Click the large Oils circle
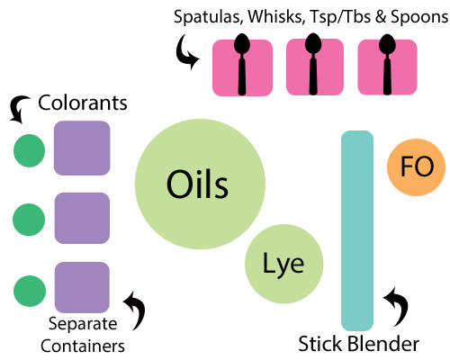(200, 184)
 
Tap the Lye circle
(284, 264)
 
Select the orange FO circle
(416, 167)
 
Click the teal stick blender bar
(357, 230)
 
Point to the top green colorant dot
(30, 150)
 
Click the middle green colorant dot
(29, 220)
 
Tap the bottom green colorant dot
(30, 291)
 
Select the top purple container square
(82, 148)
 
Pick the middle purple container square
(82, 218)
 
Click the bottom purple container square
(82, 287)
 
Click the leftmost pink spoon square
(242, 67)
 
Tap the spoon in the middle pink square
(313, 64)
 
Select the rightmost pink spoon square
(387, 67)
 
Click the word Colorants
(83, 103)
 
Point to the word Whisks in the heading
(275, 16)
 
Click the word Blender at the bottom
(383, 344)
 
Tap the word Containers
(83, 346)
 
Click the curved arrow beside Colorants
(19, 109)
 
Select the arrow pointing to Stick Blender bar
(397, 306)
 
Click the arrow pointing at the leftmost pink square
(186, 51)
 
